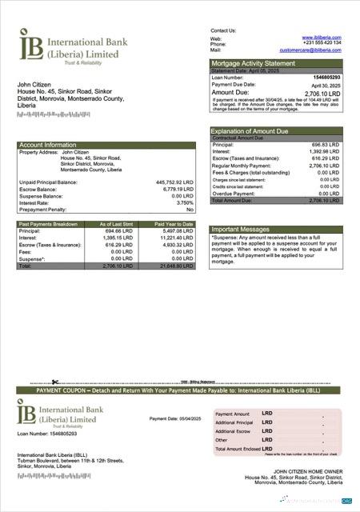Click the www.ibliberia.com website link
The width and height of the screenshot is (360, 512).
[322, 37]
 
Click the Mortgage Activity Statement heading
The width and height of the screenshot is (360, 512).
[252, 62]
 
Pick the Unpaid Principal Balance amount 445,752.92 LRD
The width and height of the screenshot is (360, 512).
[174, 182]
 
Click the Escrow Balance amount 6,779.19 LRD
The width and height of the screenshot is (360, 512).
[178, 189]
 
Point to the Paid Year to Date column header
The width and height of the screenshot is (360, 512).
[174, 224]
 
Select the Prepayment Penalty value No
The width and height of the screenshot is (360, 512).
[190, 209]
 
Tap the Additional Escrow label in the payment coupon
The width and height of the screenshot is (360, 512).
[234, 430]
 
